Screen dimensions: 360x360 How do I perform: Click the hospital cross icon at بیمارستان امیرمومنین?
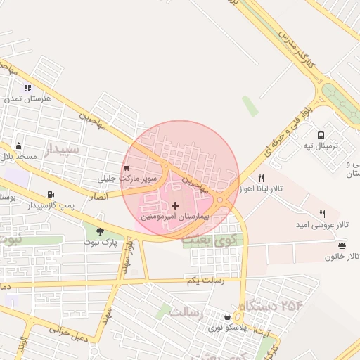pyautogui.click(x=175, y=205)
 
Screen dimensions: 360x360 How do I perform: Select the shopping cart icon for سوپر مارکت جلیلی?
pyautogui.click(x=127, y=168)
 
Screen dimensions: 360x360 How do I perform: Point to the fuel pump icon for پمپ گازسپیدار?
pyautogui.click(x=50, y=195)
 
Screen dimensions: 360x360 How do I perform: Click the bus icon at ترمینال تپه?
pyautogui.click(x=321, y=135)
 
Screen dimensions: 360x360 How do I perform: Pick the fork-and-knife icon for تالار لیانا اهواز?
pyautogui.click(x=261, y=178)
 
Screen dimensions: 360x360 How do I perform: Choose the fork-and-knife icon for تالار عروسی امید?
pyautogui.click(x=323, y=213)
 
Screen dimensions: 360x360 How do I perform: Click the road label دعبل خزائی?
pyautogui.click(x=68, y=330)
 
